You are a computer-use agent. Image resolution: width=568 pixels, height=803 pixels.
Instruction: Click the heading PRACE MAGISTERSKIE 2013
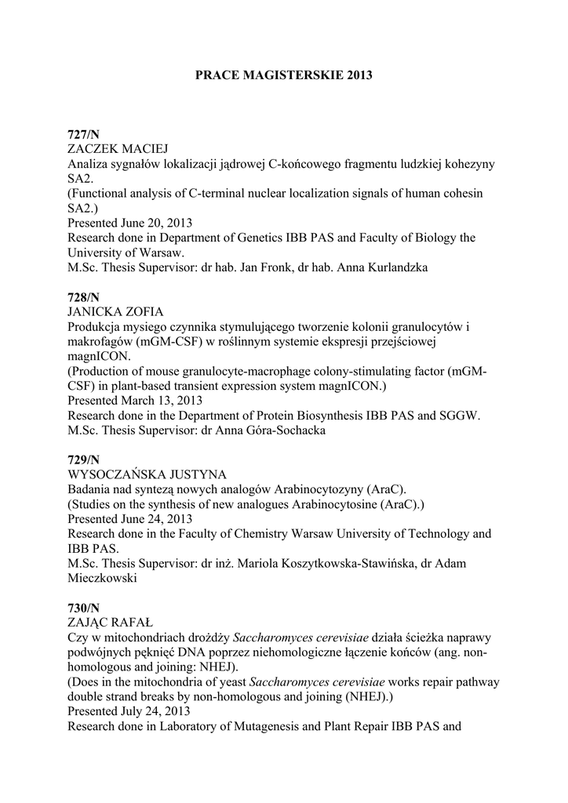click(283, 76)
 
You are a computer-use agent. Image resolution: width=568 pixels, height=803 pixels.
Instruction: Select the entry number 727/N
click(83, 135)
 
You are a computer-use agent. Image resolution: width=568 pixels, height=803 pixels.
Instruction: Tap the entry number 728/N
click(83, 297)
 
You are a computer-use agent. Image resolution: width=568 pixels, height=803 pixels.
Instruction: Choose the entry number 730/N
click(83, 607)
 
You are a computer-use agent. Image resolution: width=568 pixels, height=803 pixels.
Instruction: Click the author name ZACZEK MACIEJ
click(118, 149)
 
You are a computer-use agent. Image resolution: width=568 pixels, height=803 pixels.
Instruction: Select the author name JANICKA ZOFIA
click(115, 312)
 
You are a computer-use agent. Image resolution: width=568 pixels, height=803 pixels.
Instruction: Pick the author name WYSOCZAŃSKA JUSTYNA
click(147, 474)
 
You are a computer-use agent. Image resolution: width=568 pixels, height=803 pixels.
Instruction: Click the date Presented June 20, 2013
click(129, 223)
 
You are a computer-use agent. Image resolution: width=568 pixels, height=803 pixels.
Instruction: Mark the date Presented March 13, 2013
click(135, 401)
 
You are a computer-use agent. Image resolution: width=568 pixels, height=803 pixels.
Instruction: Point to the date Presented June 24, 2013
click(129, 518)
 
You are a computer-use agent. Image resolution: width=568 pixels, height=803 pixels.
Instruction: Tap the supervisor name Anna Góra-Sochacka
click(267, 431)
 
